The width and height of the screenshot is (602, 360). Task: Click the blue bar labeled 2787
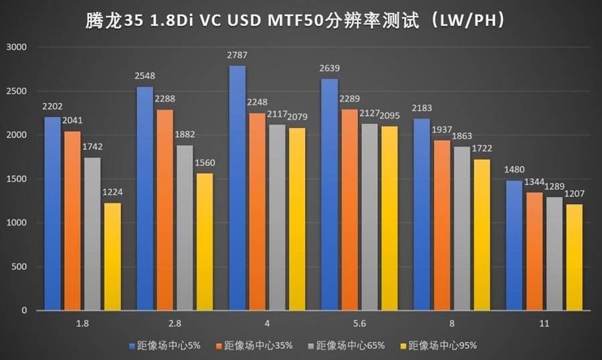click(237, 188)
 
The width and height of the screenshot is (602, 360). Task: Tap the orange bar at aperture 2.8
click(165, 210)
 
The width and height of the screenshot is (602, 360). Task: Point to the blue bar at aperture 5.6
click(330, 195)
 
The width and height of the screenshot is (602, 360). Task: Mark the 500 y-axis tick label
click(18, 267)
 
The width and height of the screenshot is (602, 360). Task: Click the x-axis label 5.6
click(360, 323)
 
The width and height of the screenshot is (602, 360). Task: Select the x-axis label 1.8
click(82, 323)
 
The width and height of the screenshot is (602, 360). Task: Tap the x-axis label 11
click(544, 323)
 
